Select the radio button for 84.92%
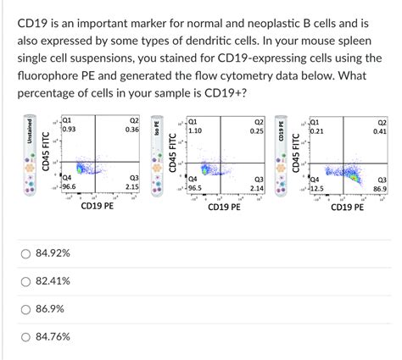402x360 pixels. click(x=26, y=253)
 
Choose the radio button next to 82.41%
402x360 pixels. click(x=26, y=281)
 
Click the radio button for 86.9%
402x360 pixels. click(x=26, y=309)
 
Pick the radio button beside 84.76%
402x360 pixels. click(x=26, y=337)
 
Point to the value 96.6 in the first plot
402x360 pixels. click(x=69, y=186)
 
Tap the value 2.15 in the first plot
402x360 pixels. click(x=132, y=186)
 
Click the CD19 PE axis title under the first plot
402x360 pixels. click(x=98, y=206)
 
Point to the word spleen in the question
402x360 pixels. click(x=371, y=40)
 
